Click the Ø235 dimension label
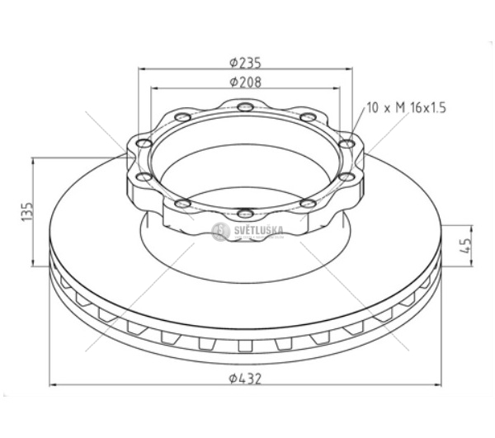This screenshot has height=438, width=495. (245, 63)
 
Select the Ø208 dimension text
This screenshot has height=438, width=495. (245, 82)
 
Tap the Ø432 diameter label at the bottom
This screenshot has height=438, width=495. (245, 379)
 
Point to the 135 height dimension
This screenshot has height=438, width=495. (27, 211)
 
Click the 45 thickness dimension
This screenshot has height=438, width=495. (465, 246)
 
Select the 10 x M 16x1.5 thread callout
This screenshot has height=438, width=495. (407, 107)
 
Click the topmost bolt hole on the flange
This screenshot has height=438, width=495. (245, 107)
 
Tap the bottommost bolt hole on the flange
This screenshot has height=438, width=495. (245, 214)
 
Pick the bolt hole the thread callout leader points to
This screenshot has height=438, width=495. (347, 144)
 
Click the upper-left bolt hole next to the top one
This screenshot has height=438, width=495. (182, 117)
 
